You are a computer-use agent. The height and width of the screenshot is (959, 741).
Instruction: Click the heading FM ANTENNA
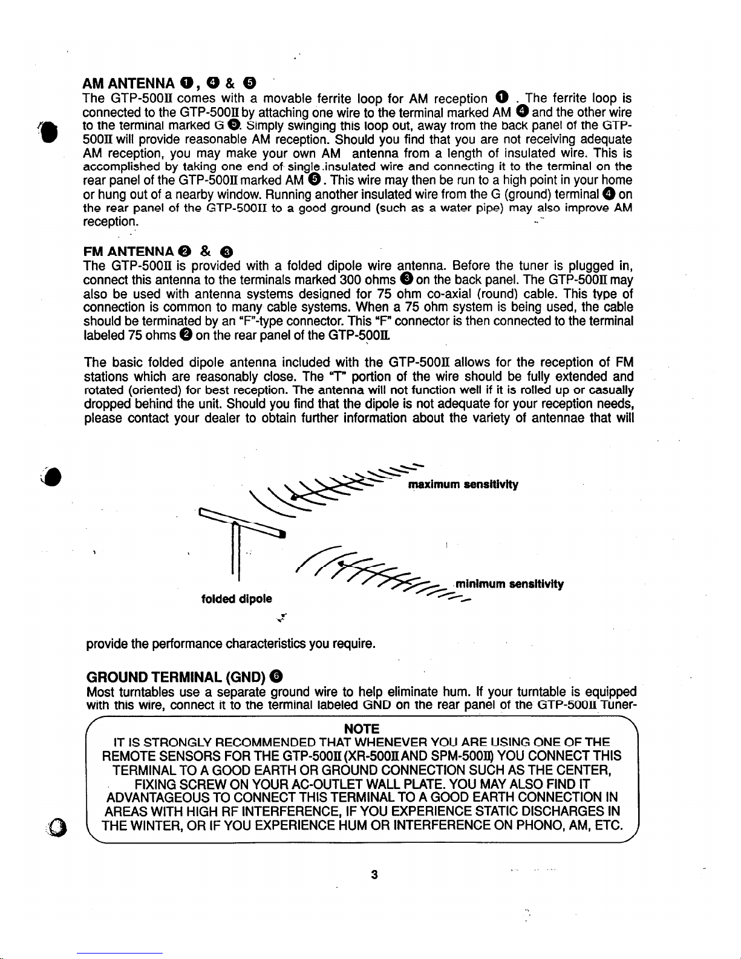(x=128, y=251)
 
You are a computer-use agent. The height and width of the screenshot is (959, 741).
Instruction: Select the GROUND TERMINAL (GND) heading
(x=177, y=676)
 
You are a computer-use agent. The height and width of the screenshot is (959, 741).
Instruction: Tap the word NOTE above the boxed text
(x=361, y=728)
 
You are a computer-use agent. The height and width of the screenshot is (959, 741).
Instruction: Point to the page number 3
(x=374, y=874)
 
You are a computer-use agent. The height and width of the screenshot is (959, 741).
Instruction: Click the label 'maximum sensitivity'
(x=463, y=485)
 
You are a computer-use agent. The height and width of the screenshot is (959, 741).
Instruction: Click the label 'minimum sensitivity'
(x=509, y=584)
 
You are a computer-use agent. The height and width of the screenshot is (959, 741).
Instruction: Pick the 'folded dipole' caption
(x=237, y=598)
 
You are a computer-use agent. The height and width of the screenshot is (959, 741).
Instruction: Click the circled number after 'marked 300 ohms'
(x=406, y=280)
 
